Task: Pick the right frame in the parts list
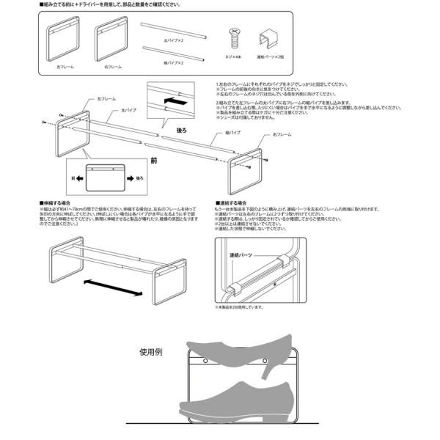click(111, 42)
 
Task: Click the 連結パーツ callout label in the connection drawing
click(242, 253)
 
